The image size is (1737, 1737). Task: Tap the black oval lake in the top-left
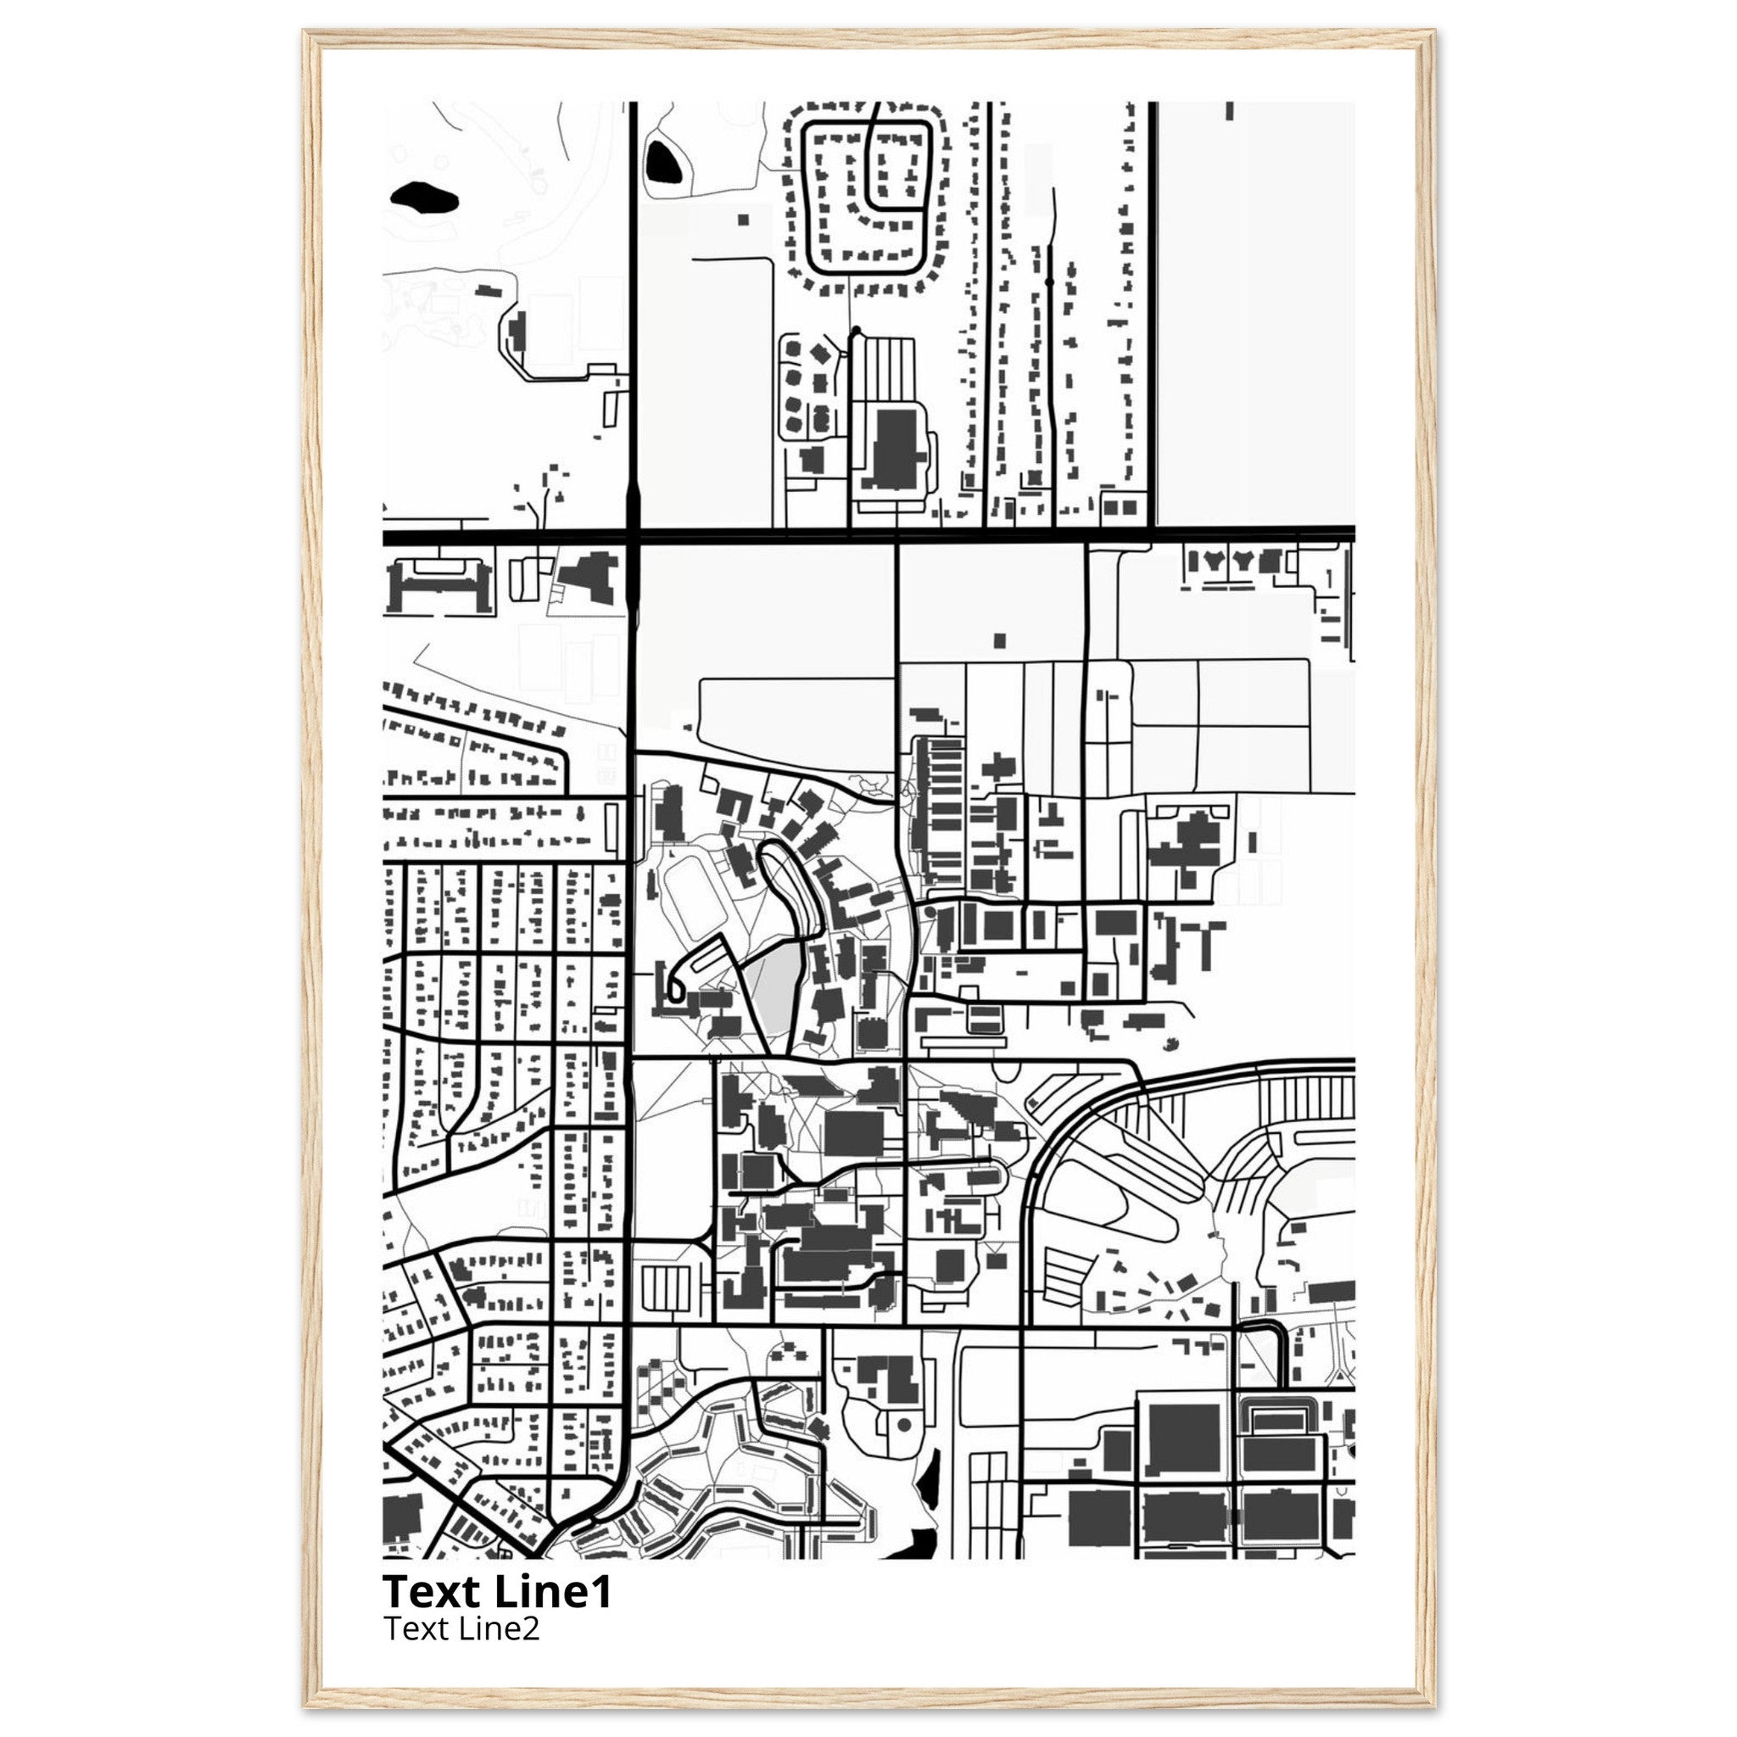click(x=423, y=198)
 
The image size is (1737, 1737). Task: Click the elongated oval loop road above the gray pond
click(x=791, y=885)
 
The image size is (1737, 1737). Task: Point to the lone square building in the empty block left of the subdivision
click(x=742, y=219)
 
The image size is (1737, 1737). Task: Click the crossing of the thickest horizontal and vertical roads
click(x=633, y=538)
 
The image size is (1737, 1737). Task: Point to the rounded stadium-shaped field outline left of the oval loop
click(x=688, y=885)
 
